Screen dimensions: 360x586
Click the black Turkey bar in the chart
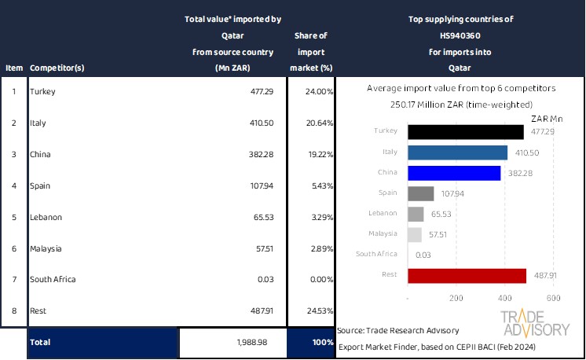(466, 132)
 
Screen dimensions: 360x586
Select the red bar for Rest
(467, 275)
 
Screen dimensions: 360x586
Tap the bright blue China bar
(454, 173)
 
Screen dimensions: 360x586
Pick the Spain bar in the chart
(421, 193)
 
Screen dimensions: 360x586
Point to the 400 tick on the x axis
(504, 299)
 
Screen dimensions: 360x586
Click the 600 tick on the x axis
(553, 299)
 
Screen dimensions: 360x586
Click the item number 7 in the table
(13, 279)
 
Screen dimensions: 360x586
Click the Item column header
(13, 68)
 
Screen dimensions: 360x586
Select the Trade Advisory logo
(535, 323)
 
